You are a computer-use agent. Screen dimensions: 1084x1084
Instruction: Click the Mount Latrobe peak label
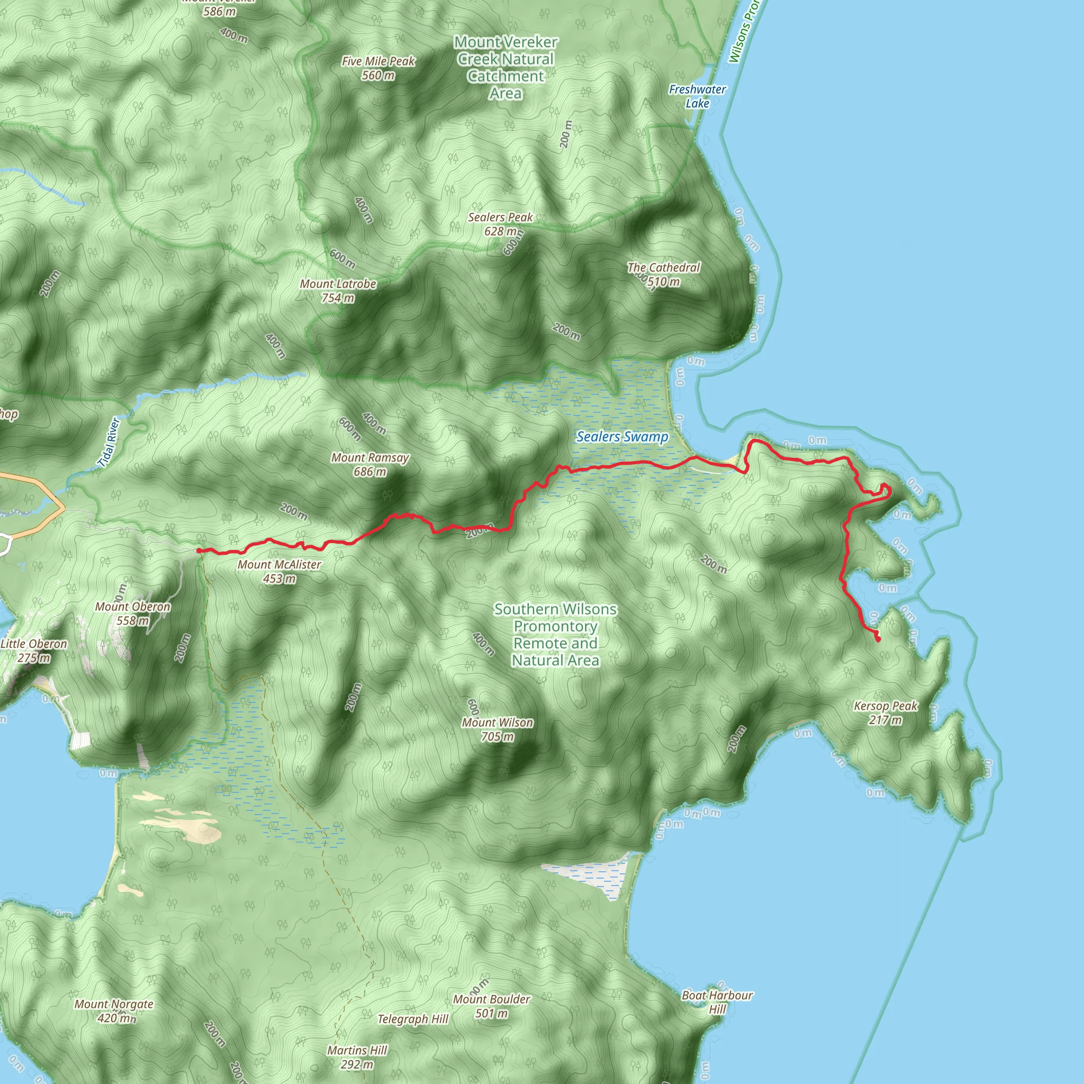[x=338, y=291]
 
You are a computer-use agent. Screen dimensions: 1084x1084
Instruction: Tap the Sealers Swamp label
[x=622, y=437]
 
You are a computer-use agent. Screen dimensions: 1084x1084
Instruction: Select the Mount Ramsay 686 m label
[x=370, y=465]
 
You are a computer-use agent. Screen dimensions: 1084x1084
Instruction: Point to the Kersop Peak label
[x=886, y=712]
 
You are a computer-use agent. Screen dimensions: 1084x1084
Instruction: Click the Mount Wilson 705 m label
[x=498, y=729]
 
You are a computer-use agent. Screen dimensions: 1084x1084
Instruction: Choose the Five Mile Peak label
[x=378, y=68]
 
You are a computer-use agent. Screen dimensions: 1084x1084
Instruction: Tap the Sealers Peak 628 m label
[x=501, y=224]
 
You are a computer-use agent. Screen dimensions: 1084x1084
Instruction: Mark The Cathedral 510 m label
[x=664, y=274]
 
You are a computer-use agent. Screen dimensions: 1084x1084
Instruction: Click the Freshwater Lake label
[x=698, y=96]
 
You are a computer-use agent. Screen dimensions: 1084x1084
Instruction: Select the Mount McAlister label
[x=279, y=571]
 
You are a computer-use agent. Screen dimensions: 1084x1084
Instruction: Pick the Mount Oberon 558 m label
[x=133, y=613]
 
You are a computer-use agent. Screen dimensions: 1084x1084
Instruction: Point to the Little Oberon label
[x=34, y=651]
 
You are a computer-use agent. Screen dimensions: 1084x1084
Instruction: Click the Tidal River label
[x=109, y=442]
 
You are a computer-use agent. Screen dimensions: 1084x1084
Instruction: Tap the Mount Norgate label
[x=114, y=1011]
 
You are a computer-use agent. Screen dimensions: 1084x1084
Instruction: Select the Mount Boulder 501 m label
[x=492, y=1006]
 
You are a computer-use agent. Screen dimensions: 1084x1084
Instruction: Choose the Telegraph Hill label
[x=413, y=1019]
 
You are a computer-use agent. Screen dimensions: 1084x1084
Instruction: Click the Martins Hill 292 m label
[x=357, y=1057]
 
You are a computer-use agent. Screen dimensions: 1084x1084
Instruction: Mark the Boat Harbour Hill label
[x=717, y=1002]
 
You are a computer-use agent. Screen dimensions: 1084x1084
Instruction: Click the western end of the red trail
[x=199, y=551]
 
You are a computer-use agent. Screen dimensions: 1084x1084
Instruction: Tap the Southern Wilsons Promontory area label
[x=555, y=635]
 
